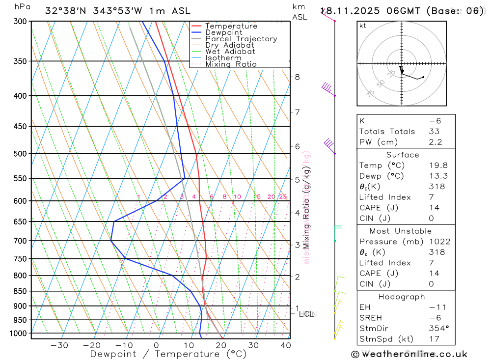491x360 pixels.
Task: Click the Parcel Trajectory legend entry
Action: click(241, 39)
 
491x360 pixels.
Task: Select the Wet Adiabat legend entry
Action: click(230, 52)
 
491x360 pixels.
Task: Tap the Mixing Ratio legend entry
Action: click(231, 64)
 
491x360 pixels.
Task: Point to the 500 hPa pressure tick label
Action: click(21, 154)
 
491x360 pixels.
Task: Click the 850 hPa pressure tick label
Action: click(21, 291)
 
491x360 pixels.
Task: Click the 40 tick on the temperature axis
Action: click(286, 345)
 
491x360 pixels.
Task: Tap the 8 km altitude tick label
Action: click(298, 77)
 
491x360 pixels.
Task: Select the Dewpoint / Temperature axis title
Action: click(168, 354)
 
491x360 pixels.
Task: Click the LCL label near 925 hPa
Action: click(306, 313)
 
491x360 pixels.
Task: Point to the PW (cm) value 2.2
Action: click(436, 142)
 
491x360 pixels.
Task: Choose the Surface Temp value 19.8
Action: click(438, 166)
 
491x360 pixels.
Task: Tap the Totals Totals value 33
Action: click(434, 132)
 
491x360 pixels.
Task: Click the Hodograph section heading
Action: click(402, 297)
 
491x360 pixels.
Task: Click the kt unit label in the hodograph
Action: click(363, 26)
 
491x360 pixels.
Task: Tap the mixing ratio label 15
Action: click(257, 197)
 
